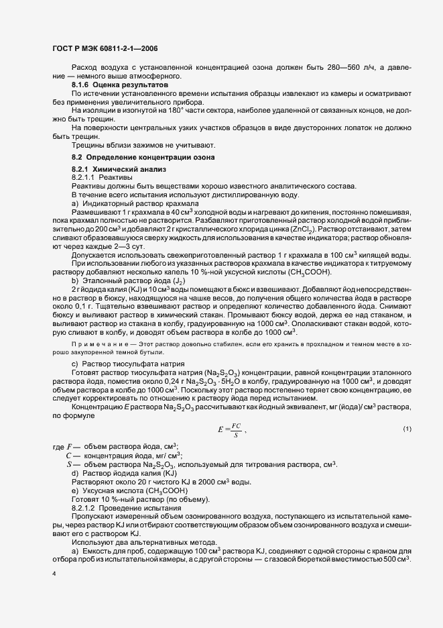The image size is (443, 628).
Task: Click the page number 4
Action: tap(54, 574)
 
